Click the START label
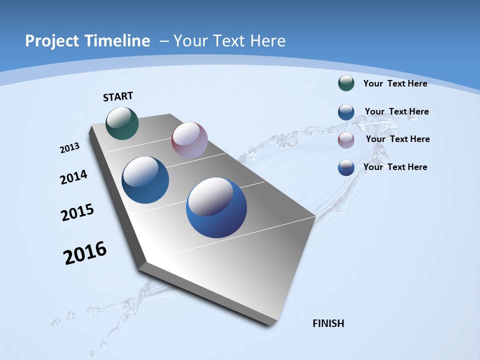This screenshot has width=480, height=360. tap(118, 96)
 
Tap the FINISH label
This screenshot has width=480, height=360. tap(328, 323)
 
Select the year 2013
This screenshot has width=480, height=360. tap(69, 148)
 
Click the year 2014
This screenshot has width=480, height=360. tap(73, 177)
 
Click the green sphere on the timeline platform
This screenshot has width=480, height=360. tap(122, 123)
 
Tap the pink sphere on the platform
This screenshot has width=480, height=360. tap(189, 139)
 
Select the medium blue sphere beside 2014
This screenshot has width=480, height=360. tap(145, 180)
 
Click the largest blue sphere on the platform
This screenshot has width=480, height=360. tap(216, 207)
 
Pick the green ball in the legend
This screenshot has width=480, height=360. tap(346, 83)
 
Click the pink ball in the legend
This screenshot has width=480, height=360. tap(346, 140)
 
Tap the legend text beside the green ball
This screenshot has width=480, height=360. tap(395, 83)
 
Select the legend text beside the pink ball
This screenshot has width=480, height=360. tap(397, 139)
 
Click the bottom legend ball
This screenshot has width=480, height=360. tap(346, 167)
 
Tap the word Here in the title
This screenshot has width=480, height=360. tap(268, 41)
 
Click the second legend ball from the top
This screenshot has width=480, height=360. tap(346, 112)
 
